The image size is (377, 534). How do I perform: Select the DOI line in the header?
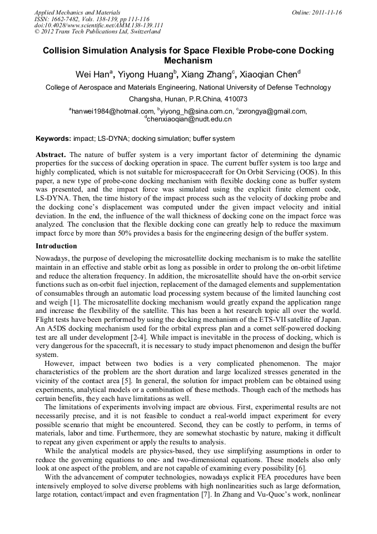pyautogui.click(x=98, y=25)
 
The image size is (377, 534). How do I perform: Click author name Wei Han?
pyautogui.click(x=93, y=74)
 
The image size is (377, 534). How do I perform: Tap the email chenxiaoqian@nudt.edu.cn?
pyautogui.click(x=188, y=119)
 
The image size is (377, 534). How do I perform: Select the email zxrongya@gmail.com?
pyautogui.click(x=272, y=111)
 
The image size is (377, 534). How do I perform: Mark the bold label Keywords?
pyautogui.click(x=53, y=138)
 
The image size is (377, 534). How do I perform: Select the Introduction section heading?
pyautogui.click(x=56, y=246)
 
